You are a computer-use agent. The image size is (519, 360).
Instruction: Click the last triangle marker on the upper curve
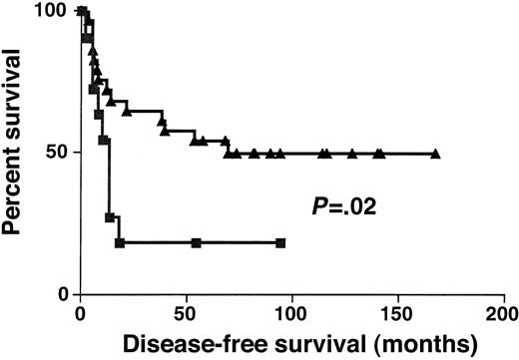(x=435, y=154)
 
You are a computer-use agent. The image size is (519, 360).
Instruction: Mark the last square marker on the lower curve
(x=280, y=242)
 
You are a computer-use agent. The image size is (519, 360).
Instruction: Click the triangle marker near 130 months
(x=351, y=154)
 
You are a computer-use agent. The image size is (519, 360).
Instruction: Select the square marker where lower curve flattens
(x=119, y=242)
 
